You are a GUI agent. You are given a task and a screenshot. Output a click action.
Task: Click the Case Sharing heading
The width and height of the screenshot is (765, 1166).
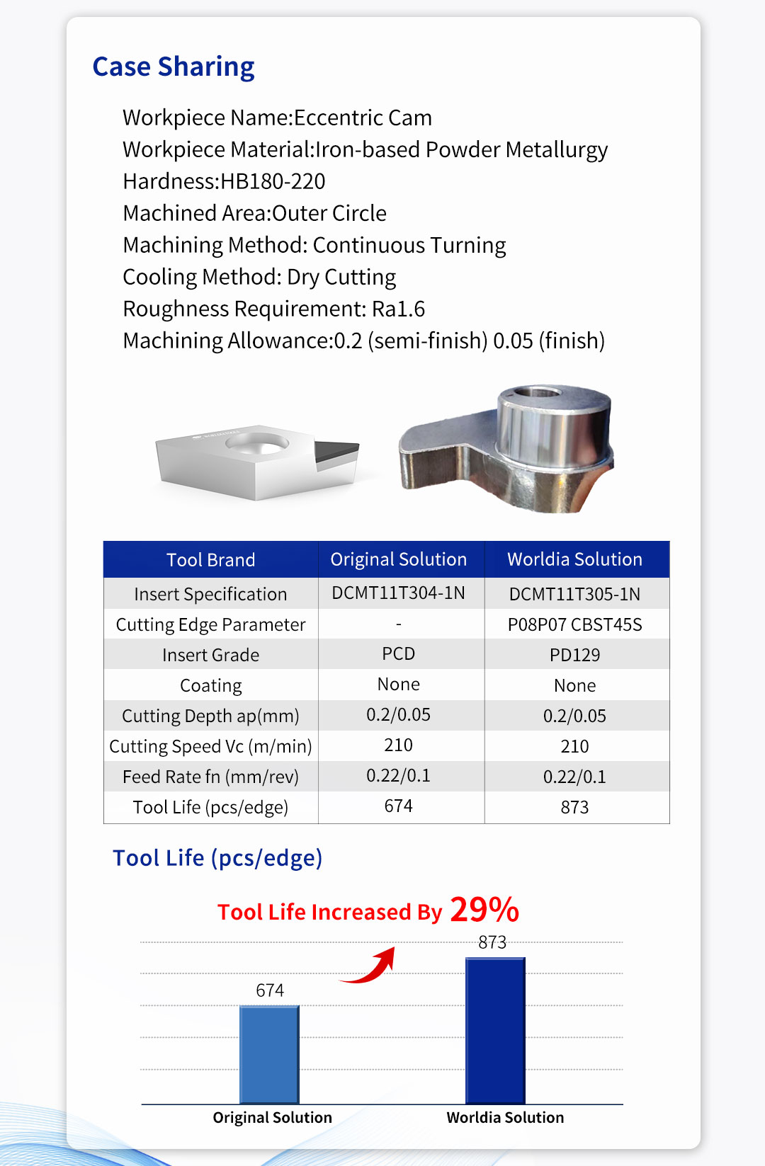(174, 67)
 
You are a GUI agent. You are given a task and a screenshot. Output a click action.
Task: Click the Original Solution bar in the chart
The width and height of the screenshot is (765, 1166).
(269, 1054)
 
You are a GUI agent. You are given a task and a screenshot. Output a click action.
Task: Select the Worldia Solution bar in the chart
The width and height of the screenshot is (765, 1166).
(495, 1030)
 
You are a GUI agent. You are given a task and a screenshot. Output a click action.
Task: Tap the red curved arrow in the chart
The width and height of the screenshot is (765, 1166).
(370, 966)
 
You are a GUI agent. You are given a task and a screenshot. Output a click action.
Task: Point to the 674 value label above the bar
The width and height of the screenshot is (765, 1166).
(270, 990)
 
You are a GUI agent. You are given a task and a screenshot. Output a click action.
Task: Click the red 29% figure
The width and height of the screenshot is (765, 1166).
(484, 910)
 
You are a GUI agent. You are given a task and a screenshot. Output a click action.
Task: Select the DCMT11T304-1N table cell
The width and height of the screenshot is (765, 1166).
(398, 593)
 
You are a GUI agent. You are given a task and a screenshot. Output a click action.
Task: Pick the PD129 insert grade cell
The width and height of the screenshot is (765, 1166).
(574, 655)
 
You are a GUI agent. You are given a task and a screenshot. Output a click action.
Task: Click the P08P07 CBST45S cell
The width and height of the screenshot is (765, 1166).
(574, 624)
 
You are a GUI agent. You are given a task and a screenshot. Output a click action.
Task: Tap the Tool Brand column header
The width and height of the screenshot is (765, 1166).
(210, 560)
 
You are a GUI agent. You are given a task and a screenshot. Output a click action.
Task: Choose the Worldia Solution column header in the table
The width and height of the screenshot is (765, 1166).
(574, 559)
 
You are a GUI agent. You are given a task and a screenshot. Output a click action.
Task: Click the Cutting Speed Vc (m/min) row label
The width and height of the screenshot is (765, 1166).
(210, 746)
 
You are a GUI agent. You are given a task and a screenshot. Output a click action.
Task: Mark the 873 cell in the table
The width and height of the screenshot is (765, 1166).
(574, 807)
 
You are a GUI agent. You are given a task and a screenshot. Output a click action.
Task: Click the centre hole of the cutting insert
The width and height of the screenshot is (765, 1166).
(257, 444)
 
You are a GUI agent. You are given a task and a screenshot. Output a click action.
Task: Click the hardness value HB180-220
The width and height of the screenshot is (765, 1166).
(273, 181)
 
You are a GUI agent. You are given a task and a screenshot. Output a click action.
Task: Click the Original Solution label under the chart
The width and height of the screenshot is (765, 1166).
(272, 1117)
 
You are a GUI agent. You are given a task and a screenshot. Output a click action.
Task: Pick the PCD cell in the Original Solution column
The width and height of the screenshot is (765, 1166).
(398, 653)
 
